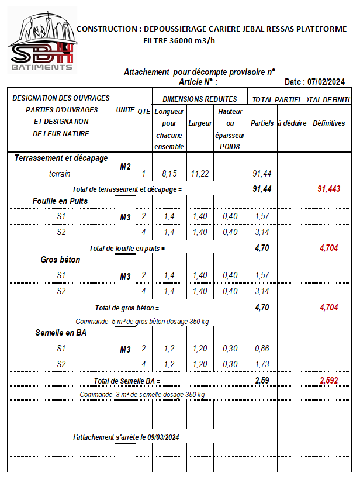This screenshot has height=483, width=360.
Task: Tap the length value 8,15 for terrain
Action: click(x=169, y=174)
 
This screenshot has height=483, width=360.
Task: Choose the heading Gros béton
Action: click(x=61, y=260)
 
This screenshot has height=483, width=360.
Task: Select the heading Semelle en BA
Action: click(x=61, y=333)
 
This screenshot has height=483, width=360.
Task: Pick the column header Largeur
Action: click(x=200, y=124)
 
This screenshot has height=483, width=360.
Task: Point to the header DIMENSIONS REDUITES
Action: click(x=200, y=99)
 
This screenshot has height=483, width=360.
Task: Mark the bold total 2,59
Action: click(x=262, y=381)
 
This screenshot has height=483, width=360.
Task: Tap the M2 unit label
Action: click(x=125, y=167)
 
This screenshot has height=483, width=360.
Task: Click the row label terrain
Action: click(x=60, y=174)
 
